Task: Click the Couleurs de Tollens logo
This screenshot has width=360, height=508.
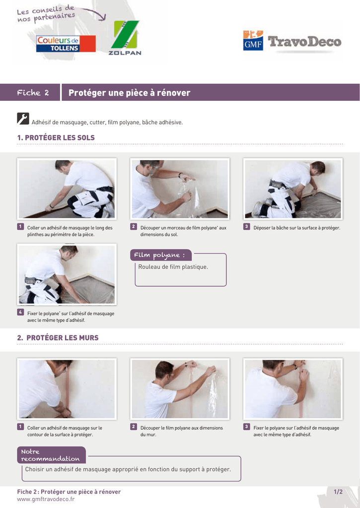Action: (66, 44)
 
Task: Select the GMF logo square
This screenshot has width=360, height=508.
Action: (253, 41)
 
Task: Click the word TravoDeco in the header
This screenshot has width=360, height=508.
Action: (304, 42)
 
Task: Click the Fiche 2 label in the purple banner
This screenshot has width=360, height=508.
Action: (33, 93)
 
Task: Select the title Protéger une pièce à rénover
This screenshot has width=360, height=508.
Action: (130, 93)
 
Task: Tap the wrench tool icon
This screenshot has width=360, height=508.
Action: (23, 119)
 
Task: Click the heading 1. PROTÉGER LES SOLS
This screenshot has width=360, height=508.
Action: (56, 137)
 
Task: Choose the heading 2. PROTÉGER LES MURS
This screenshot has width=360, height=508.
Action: (58, 337)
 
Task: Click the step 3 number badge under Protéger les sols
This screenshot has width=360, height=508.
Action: (246, 226)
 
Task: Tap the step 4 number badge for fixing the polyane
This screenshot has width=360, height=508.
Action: (20, 313)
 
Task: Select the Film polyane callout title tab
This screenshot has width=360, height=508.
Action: (161, 255)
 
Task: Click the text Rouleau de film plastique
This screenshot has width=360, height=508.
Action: (173, 267)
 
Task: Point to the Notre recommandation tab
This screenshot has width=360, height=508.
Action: (51, 455)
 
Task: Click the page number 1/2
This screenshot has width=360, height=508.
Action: (338, 492)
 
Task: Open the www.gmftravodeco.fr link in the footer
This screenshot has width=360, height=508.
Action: (46, 499)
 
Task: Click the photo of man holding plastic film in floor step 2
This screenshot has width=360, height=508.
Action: (180, 189)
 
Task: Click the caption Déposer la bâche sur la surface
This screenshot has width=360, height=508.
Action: (297, 228)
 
